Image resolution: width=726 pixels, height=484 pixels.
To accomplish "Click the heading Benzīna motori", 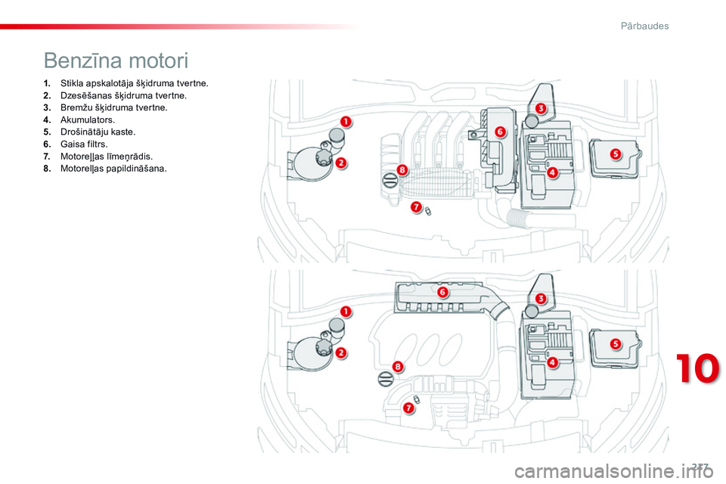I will tap(116, 60).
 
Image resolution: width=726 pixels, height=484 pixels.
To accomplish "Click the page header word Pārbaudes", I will tap(640, 26).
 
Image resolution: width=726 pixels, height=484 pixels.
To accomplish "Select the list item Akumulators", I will tap(88, 120).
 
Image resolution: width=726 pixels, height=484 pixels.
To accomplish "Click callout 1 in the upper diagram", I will tap(345, 122).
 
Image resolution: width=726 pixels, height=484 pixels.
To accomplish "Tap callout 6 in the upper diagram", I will tap(500, 132).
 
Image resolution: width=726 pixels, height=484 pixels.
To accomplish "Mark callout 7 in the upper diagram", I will tap(416, 206).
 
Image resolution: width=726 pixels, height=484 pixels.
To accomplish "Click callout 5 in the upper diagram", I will tap(615, 154).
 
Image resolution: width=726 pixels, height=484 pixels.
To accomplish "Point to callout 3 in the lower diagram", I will tap(541, 299).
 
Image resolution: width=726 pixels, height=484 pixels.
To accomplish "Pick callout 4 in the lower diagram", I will tap(552, 362).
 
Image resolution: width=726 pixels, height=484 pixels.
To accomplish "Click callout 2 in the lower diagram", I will tap(341, 352).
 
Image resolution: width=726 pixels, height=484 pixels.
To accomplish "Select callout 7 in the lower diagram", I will tap(408, 408).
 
